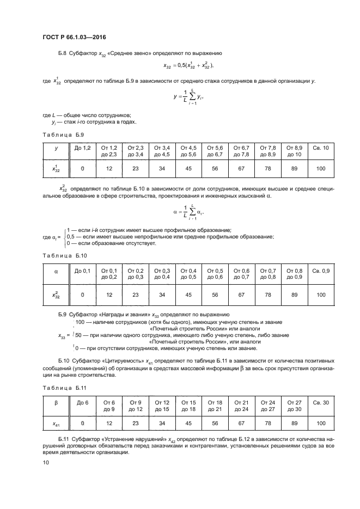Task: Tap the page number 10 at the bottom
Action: click(46, 462)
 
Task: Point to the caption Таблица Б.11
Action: click(64, 388)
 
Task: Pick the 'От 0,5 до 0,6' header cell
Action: click(215, 274)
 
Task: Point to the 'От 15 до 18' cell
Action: click(188, 406)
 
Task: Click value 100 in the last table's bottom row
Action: click(321, 422)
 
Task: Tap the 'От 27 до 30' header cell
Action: click(294, 406)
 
